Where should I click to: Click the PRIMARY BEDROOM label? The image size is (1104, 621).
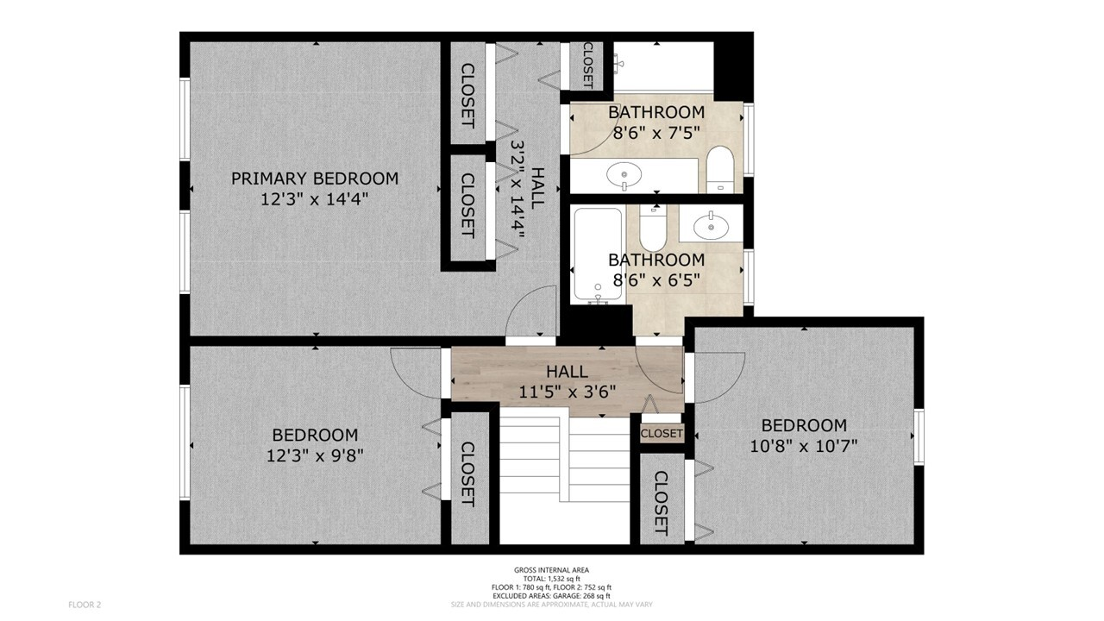click(315, 179)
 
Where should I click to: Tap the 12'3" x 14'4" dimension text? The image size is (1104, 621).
click(315, 199)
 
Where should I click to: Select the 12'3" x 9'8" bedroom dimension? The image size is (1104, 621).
click(315, 456)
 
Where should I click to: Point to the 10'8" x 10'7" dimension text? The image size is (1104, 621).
click(803, 446)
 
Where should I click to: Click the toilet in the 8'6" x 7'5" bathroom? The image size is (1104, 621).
click(720, 169)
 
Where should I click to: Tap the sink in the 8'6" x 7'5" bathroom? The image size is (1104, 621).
click(624, 175)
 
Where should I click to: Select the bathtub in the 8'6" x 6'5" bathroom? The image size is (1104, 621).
click(599, 254)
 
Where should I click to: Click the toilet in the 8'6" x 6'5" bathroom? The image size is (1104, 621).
click(653, 229)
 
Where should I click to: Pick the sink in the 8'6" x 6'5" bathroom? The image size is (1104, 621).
click(711, 226)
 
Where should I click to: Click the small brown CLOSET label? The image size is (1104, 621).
click(662, 434)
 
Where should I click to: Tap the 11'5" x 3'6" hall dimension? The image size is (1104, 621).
click(567, 392)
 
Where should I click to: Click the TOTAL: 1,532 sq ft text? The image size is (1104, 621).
click(551, 579)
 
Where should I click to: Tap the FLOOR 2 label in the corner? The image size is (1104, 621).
click(85, 605)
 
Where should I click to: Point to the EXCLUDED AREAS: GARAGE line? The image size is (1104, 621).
click(551, 596)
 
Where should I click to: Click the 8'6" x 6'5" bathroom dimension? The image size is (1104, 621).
click(656, 280)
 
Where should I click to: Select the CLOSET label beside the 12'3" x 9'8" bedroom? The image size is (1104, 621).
click(467, 474)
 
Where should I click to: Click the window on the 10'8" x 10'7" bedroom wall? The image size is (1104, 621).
click(919, 436)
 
